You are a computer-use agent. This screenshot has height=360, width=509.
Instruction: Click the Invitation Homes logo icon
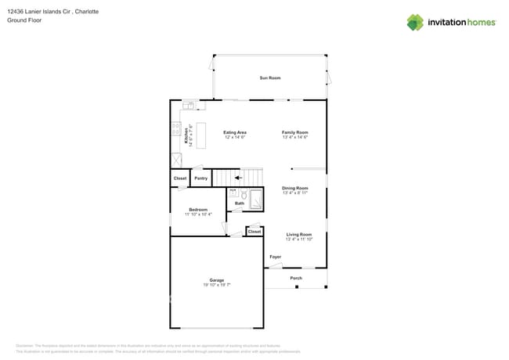[415, 22]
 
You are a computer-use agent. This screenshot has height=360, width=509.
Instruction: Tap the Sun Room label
[270, 78]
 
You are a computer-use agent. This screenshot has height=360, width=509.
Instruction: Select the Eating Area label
[235, 132]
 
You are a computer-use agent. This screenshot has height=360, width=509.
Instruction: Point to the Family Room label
[295, 132]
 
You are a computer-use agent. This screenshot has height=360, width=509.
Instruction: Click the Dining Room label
[295, 188]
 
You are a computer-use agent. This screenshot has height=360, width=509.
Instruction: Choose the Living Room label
[298, 234]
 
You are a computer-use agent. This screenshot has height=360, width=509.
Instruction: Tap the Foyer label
[275, 257]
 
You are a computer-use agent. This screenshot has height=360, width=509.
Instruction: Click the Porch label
[296, 278]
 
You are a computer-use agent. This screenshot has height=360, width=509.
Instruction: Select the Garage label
[216, 279]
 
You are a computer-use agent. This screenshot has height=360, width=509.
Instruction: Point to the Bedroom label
[198, 209]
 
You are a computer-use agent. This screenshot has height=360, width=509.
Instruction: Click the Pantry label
[200, 178]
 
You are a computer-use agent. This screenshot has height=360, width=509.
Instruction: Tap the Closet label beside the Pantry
[180, 178]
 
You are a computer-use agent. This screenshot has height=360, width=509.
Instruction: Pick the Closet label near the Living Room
[254, 232]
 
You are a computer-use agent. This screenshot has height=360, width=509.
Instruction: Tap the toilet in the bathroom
[244, 195]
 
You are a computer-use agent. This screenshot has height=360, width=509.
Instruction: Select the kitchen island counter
[200, 135]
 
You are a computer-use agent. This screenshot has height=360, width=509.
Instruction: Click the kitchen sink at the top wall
[189, 105]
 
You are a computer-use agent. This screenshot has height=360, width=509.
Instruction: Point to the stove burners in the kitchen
[176, 129]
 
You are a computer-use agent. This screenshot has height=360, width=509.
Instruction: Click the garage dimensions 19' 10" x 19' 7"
[216, 285]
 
